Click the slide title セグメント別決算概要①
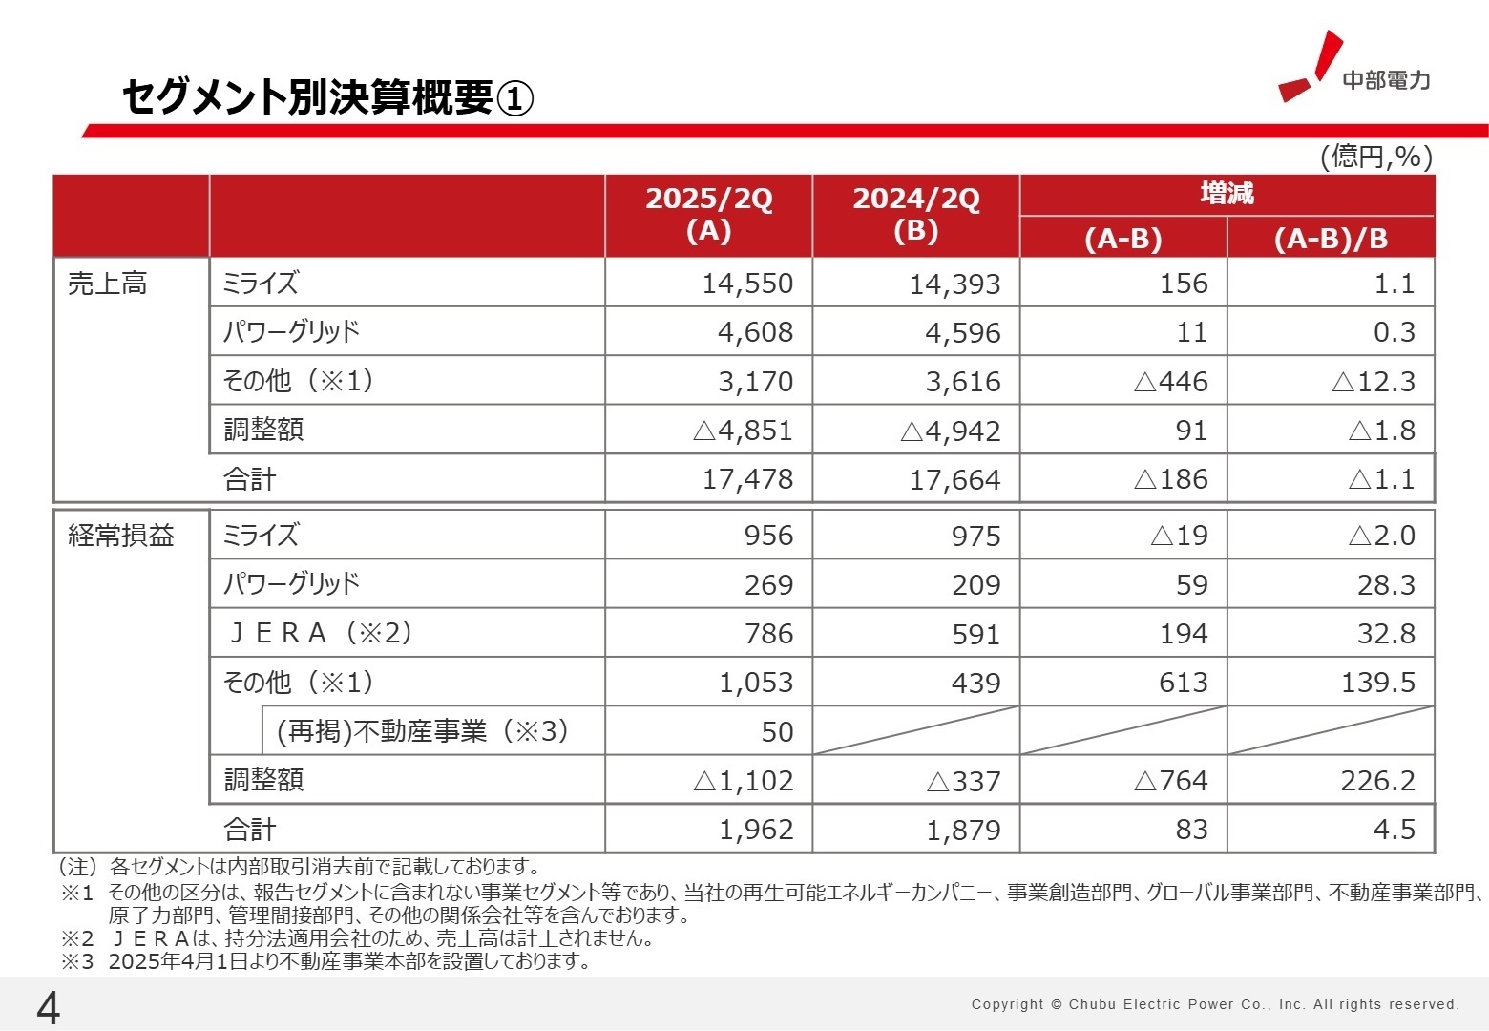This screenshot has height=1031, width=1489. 327,97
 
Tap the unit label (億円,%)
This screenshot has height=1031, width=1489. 1375,157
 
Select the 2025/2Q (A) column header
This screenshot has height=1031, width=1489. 708,215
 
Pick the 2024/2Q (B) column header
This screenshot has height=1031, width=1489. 915,215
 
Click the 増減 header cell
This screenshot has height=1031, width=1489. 1227,194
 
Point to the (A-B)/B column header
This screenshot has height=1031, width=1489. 1331,238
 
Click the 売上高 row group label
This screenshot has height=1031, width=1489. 107,284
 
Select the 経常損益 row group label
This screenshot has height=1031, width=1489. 121,536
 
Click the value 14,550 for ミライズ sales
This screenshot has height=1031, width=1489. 747,284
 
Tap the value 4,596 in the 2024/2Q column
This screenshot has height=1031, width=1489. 962,333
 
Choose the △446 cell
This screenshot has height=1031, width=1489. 1170,382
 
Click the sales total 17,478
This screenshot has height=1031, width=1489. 747,479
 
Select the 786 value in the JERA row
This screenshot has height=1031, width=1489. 768,634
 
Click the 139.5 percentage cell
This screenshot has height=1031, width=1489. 1377,683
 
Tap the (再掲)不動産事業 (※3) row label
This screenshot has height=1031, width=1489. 422,731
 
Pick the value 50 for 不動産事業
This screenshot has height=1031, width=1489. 777,732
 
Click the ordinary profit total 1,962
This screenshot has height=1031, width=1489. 755,830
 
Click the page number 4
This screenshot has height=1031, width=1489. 48,1008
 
